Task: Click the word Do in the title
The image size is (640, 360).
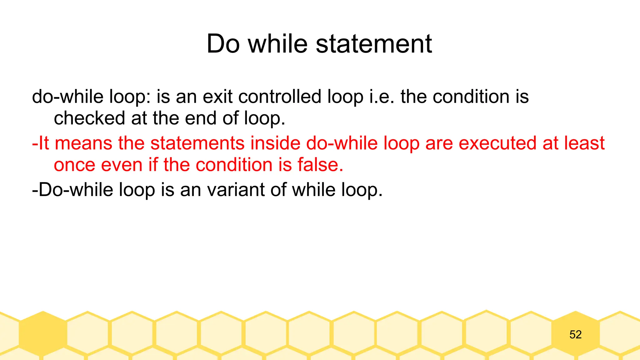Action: pyautogui.click(x=223, y=44)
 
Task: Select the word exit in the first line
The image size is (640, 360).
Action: pyautogui.click(x=217, y=97)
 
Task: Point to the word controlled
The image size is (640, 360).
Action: pyautogui.click(x=280, y=97)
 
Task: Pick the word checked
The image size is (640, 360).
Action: pyautogui.click(x=89, y=118)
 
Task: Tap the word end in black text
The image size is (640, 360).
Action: pyautogui.click(x=201, y=118)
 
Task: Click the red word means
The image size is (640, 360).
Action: pyautogui.click(x=83, y=143)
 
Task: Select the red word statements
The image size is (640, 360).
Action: pyautogui.click(x=197, y=143)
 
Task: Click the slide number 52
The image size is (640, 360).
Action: pyautogui.click(x=575, y=335)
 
